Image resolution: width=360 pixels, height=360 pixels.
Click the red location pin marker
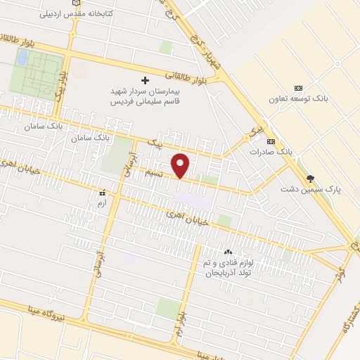[x=181, y=165]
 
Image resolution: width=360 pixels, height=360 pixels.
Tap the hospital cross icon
[x=146, y=80]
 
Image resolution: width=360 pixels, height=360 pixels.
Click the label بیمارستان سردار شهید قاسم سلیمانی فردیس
[x=146, y=96]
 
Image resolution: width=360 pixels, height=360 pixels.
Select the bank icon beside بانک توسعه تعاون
[x=298, y=88]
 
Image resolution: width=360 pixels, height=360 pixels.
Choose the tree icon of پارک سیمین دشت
[x=310, y=179]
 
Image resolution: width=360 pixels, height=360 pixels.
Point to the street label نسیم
[x=163, y=173]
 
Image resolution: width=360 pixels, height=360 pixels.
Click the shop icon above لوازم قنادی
[x=227, y=252]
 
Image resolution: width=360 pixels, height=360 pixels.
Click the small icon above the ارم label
[x=103, y=191]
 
